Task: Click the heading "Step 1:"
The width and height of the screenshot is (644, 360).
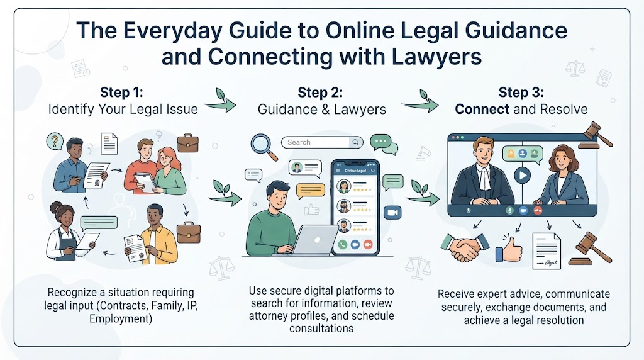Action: pos(121,92)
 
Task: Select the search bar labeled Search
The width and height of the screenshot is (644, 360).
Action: pos(322,142)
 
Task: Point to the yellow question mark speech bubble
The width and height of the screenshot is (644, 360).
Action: pos(54,142)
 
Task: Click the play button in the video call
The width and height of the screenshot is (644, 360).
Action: pos(522,176)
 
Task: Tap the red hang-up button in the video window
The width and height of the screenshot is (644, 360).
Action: pos(538,210)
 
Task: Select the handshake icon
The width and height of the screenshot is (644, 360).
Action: pos(465,247)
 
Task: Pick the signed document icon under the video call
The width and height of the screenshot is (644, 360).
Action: pos(547,250)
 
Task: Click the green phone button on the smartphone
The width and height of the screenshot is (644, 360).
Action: pos(343,244)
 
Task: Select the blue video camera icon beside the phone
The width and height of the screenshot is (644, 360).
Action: pos(392,213)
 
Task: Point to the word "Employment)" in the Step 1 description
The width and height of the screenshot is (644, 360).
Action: pos(121,319)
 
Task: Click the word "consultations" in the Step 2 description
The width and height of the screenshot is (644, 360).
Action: pos(321,329)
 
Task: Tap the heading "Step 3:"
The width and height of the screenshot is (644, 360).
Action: pos(521,92)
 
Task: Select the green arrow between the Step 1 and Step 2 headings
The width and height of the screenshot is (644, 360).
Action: pos(221,101)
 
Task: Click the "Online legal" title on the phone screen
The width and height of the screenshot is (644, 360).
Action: pos(355,171)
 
